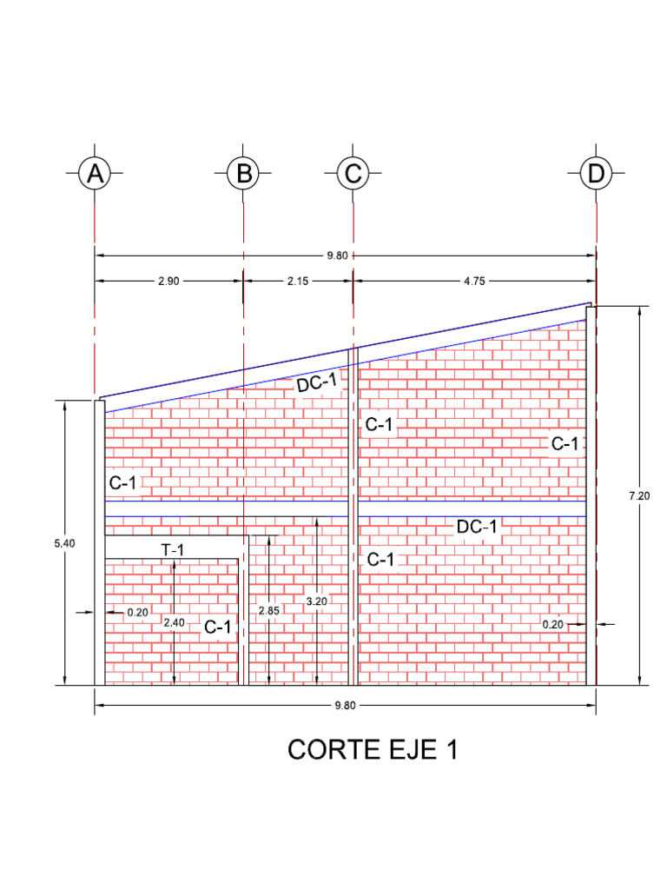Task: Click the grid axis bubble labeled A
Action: (95, 174)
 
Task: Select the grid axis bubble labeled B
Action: (244, 174)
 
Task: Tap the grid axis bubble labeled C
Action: (353, 174)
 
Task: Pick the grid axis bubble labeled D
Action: (596, 174)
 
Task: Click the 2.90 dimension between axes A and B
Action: (168, 281)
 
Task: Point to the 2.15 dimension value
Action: (298, 281)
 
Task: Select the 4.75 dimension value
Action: (475, 281)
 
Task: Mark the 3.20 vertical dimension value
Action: (317, 601)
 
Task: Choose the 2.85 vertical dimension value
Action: (269, 610)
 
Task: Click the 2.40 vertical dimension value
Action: (174, 622)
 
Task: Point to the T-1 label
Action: (173, 549)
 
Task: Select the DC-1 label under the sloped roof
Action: (316, 382)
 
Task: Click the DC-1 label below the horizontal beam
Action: (477, 526)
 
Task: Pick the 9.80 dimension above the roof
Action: (338, 256)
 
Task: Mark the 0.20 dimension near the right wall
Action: (552, 624)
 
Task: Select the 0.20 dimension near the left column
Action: (137, 612)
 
